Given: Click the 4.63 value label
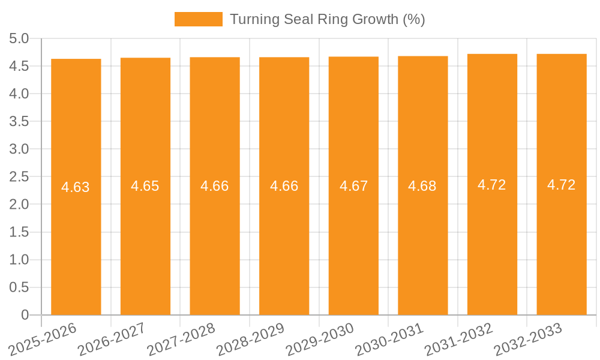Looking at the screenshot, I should coord(76,187).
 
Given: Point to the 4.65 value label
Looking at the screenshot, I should coord(145,186).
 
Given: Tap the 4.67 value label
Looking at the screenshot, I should coord(354,186).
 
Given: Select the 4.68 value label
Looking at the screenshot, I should coord(422,186).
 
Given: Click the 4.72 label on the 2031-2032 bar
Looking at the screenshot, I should coord(492,185).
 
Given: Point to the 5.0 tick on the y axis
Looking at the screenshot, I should coord(19,39).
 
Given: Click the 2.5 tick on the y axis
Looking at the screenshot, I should coord(19,177).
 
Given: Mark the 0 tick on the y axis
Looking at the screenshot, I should coord(25,315).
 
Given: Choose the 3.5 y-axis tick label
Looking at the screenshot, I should coord(19,122).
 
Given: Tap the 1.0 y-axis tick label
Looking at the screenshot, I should coord(19,260).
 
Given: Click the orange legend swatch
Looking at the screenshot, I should coord(198,19).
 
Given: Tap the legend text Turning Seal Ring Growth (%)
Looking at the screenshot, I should coord(327,19).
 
